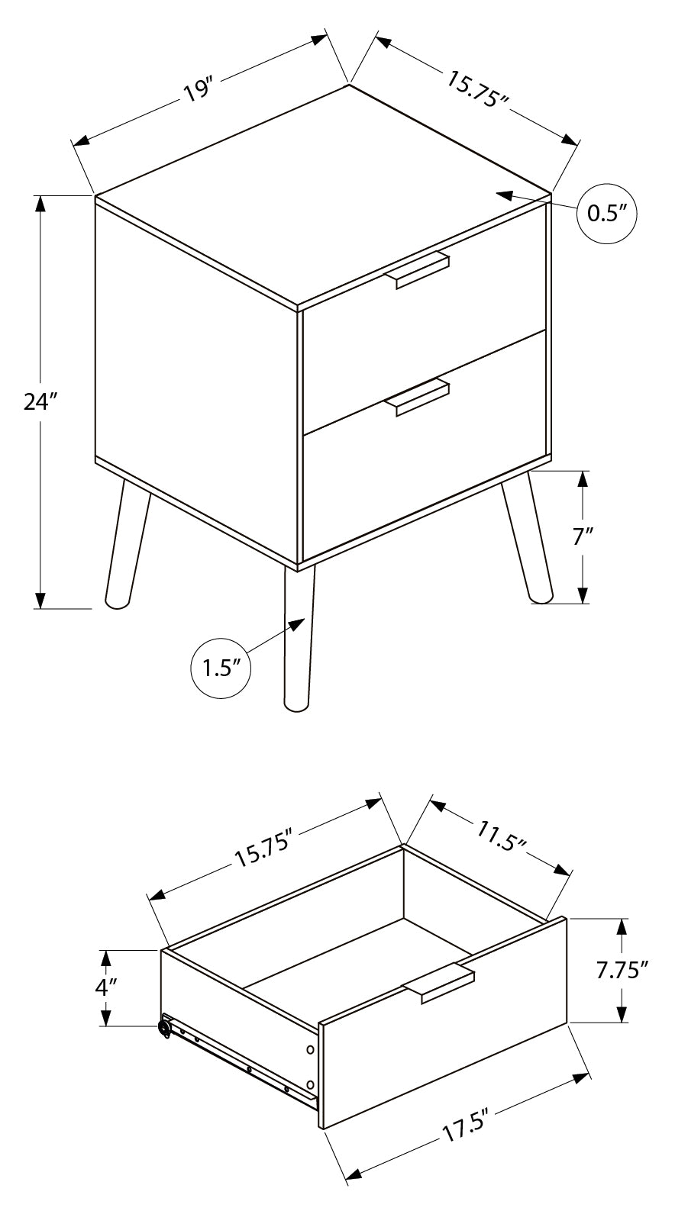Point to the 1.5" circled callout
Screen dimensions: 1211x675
(221, 668)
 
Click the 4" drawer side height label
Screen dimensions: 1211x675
(105, 987)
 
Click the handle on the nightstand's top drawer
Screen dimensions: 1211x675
(421, 269)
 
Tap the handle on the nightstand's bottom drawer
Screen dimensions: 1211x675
(421, 396)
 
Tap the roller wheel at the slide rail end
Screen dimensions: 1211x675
(164, 1027)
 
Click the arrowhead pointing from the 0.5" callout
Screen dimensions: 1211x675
(503, 195)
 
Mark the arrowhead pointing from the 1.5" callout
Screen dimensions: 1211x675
(296, 624)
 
